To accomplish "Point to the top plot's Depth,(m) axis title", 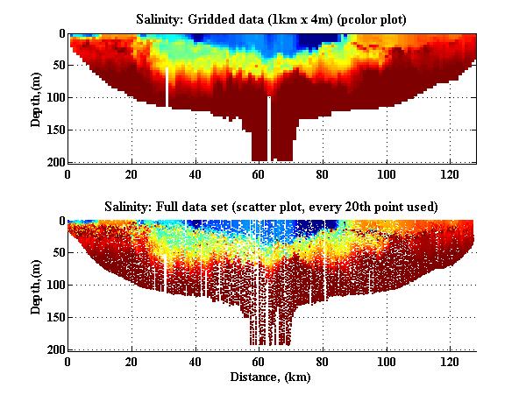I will [37, 98].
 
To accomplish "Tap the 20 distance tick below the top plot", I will [131, 173].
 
